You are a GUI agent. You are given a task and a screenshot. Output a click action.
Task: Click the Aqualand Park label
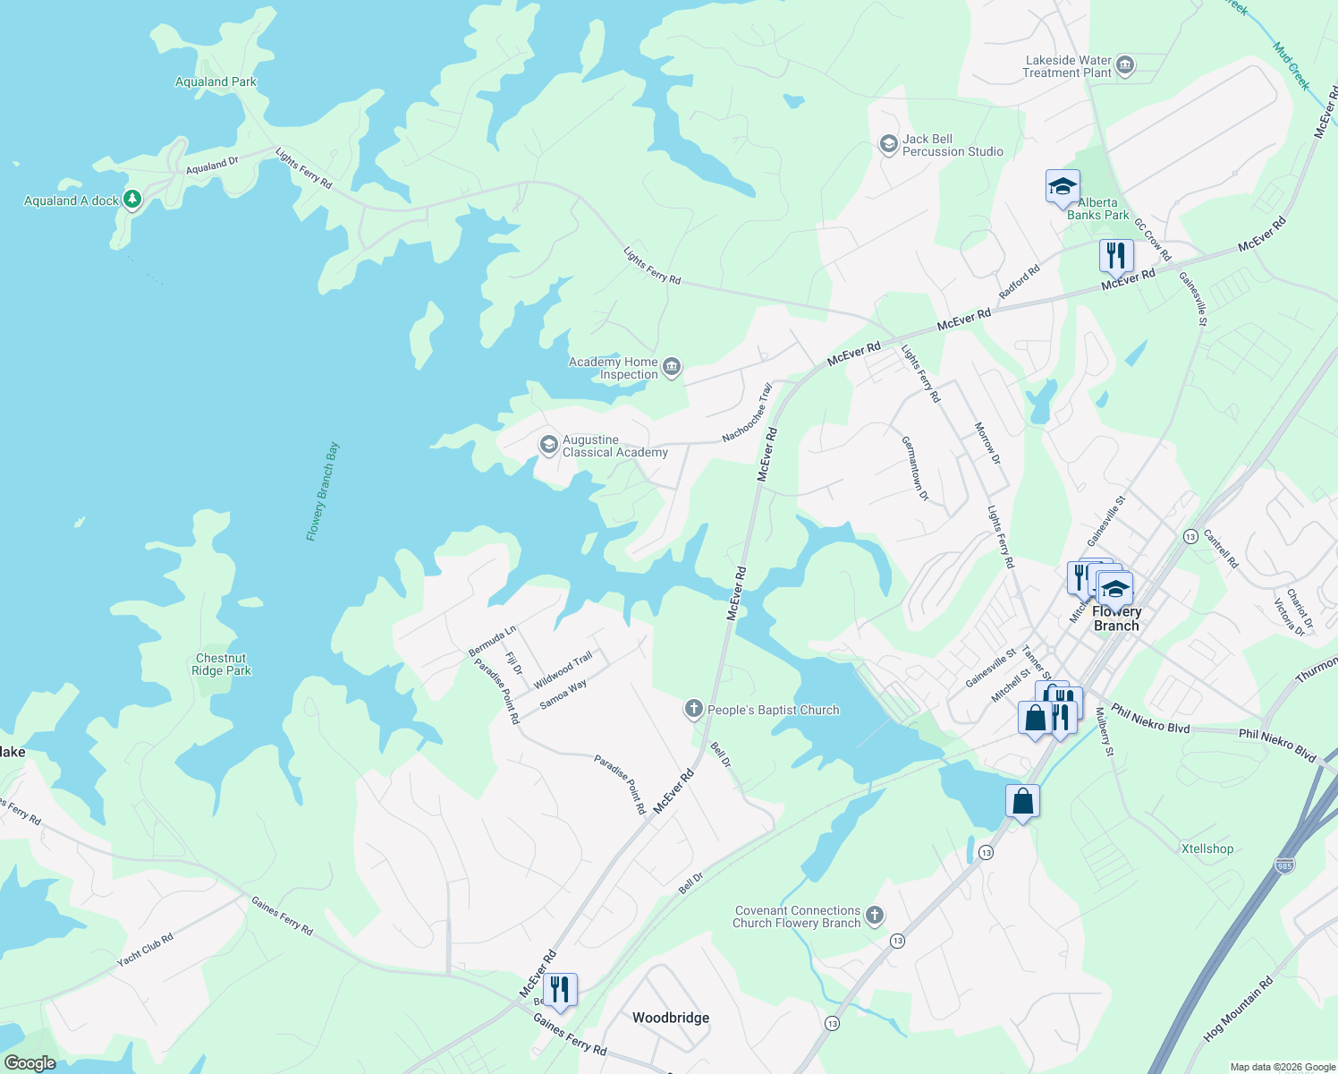216,81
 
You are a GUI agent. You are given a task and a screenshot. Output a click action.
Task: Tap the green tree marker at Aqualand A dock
132,199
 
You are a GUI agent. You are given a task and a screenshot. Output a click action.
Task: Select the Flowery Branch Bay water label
323,491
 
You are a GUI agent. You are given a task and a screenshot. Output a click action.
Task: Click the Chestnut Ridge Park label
222,664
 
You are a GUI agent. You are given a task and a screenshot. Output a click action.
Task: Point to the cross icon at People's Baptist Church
693,710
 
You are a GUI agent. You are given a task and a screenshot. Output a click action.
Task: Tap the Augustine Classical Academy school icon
548,445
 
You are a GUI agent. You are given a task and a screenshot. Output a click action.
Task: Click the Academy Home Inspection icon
672,367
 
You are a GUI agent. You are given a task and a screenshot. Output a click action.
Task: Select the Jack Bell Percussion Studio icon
888,144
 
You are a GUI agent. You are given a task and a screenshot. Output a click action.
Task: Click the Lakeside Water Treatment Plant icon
1125,65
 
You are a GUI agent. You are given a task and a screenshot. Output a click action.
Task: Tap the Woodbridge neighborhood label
671,1018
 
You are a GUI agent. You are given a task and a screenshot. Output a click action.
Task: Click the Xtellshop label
1207,848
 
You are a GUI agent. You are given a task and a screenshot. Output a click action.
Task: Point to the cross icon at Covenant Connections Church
875,916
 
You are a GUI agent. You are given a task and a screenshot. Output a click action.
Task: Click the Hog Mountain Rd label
1238,1010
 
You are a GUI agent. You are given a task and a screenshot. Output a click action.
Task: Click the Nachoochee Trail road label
748,413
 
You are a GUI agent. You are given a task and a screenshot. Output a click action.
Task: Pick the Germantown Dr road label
915,468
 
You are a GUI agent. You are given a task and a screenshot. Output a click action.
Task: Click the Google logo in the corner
30,1063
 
